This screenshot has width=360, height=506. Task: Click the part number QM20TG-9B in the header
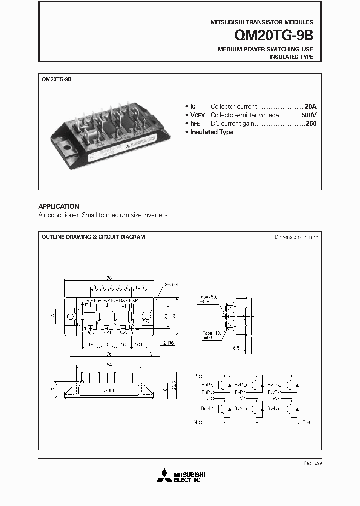pos(274,36)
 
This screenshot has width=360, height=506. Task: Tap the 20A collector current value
pos(311,106)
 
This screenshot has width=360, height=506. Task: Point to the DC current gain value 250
pos(311,123)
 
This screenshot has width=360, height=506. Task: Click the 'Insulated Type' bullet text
pos(212,132)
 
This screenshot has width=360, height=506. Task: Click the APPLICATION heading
pos(59,206)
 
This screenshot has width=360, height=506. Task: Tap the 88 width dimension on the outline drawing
pos(109,278)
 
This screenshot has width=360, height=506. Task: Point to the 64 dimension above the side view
pos(109,365)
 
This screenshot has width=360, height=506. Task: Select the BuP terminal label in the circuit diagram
pos(206,384)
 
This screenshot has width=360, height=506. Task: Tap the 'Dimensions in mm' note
pos(296,237)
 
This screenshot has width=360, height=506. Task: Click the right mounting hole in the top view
pos(147,316)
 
